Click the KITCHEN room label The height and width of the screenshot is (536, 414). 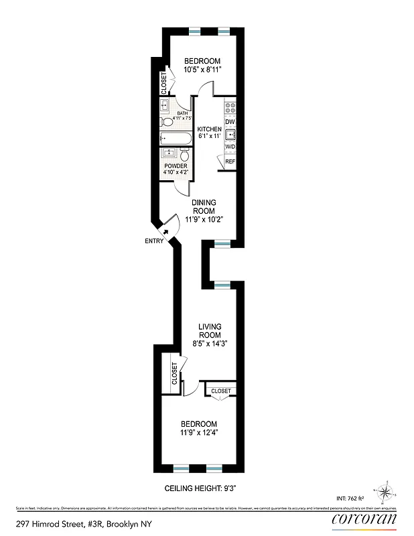[x=208, y=129]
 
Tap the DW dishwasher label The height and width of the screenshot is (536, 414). [x=229, y=121]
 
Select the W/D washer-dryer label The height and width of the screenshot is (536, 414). [x=229, y=147]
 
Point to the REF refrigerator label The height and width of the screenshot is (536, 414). [x=230, y=161]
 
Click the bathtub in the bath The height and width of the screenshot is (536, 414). [x=174, y=138]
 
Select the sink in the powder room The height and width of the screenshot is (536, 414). [x=167, y=154]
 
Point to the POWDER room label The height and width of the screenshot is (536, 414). [x=176, y=166]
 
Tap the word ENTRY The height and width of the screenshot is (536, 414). [x=153, y=241]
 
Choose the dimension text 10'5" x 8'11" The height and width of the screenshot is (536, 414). [x=202, y=69]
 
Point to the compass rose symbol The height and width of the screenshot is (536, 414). [x=386, y=494]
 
